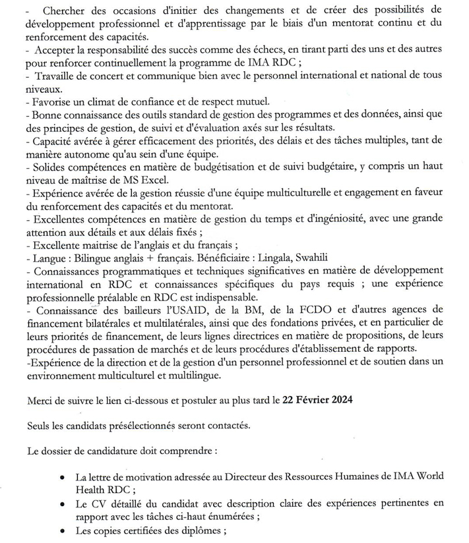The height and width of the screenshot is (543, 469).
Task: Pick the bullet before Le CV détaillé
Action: (61, 505)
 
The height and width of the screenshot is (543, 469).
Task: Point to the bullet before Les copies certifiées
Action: (61, 531)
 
